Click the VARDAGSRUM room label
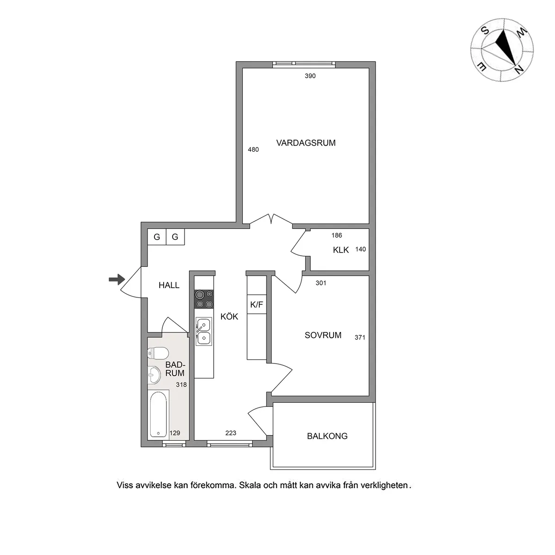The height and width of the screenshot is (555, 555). (306, 143)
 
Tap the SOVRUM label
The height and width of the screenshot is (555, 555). (323, 335)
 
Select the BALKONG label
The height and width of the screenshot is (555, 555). (327, 436)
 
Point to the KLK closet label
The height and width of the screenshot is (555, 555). (341, 250)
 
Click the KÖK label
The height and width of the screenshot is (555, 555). (229, 316)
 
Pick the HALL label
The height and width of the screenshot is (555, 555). (169, 285)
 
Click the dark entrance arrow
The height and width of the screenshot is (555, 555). (117, 279)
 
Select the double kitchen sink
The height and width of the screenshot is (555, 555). (203, 331)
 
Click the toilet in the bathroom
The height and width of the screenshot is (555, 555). (158, 353)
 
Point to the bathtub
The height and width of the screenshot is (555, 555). (158, 415)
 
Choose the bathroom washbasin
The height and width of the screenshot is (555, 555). (154, 375)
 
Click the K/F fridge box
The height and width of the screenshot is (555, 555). (257, 304)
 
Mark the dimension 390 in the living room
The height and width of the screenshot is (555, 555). (310, 76)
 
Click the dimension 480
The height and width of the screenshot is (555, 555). (253, 149)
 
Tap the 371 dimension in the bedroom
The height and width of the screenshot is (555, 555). (360, 338)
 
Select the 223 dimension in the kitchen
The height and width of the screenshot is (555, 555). (231, 433)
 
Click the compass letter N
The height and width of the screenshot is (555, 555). (519, 70)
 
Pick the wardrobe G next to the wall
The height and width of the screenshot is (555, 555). (157, 237)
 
